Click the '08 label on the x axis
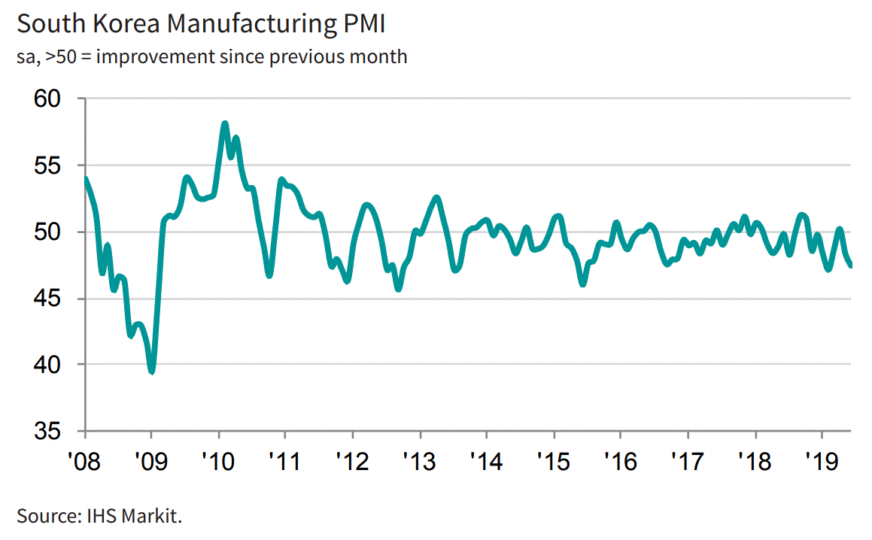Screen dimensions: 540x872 click(85, 459)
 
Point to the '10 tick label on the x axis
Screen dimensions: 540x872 click(218, 459)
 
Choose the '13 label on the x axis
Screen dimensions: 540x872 click(419, 459)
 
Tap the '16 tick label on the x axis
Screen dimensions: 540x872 click(620, 459)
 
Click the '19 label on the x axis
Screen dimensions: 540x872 click(821, 459)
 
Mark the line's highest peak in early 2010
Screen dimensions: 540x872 click(224, 123)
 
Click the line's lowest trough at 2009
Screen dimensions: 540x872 click(152, 371)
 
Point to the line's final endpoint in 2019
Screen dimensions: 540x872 click(851, 265)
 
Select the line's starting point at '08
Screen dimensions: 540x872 click(86, 178)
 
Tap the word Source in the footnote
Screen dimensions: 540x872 click(42, 517)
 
